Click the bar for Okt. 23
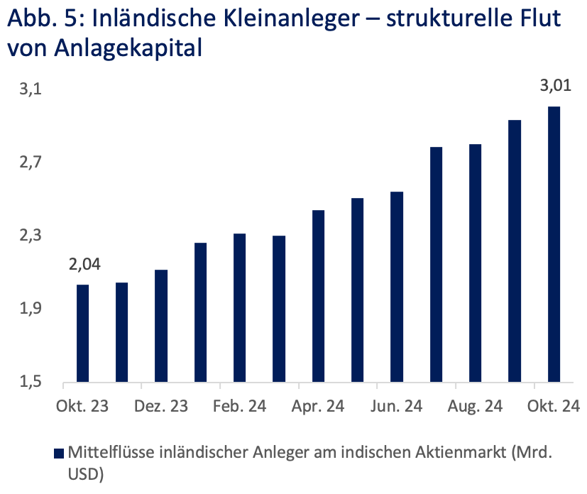(x=83, y=334)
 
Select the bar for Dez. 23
(x=161, y=326)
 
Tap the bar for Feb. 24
(x=240, y=308)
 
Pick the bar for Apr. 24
(x=319, y=296)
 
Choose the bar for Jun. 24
(x=397, y=287)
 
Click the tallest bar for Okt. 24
(x=554, y=244)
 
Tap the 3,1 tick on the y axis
(x=31, y=90)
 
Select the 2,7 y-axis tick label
(x=31, y=163)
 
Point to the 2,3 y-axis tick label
(x=31, y=236)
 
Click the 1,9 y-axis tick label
(x=31, y=309)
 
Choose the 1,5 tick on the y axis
(x=31, y=382)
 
